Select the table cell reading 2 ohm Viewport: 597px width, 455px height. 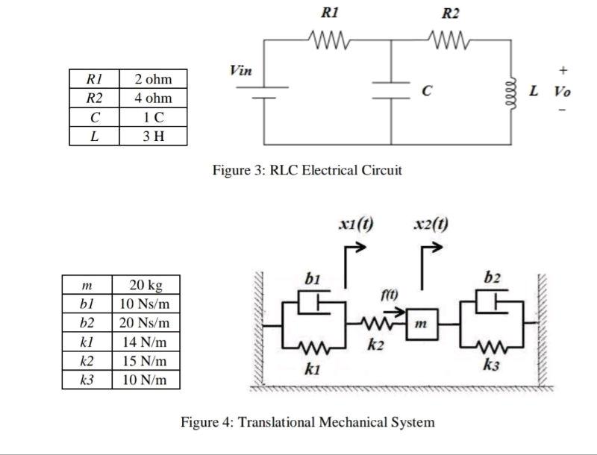click(153, 79)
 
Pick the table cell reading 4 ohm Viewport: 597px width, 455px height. click(153, 98)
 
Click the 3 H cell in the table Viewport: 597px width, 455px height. click(153, 136)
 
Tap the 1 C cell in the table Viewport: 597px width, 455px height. click(153, 117)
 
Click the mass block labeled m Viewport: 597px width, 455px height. click(422, 324)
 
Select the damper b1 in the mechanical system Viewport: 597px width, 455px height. click(314, 304)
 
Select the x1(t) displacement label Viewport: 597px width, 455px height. click(356, 225)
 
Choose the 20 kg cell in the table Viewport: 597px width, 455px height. click(146, 285)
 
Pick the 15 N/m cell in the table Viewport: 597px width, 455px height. click(146, 361)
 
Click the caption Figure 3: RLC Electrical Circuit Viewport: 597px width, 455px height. click(307, 170)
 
